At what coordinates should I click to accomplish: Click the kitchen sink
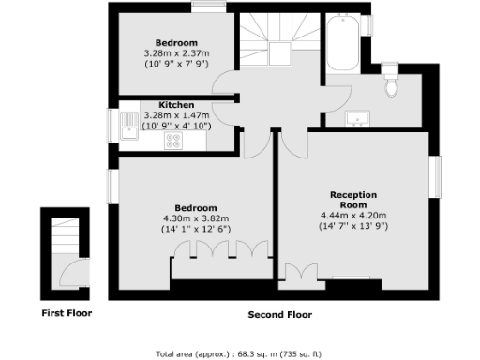coord(127,123)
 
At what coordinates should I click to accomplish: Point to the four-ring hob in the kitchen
coord(173,140)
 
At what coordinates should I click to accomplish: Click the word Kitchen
coord(176,104)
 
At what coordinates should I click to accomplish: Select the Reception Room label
coord(352,199)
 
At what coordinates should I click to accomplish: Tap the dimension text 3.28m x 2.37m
coord(176,52)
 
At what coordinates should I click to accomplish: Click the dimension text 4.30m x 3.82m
coord(196,217)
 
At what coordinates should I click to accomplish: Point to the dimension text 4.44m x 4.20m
coord(352,216)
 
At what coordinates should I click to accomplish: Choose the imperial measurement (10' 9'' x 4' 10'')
coord(176,125)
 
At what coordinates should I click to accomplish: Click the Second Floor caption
coord(279,315)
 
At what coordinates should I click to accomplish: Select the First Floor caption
coord(66,312)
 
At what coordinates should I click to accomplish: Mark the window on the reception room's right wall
coord(435,175)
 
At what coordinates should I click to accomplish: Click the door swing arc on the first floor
coord(68,269)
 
